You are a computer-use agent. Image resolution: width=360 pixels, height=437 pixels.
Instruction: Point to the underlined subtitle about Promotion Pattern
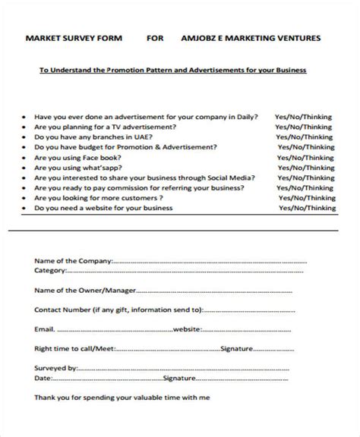point(173,70)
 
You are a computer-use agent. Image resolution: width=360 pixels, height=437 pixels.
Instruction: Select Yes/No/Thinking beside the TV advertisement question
point(306,128)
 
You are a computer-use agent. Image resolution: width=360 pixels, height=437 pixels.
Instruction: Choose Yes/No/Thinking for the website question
point(307,207)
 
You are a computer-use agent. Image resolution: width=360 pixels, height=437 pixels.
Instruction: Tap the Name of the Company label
point(73,260)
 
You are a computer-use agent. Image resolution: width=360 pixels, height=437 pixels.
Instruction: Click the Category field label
point(52,269)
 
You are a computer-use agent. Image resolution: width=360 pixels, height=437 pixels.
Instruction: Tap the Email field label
point(44,330)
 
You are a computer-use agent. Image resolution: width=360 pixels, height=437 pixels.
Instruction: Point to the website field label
point(187,330)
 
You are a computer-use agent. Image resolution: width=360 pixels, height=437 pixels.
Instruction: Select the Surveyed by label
point(56,369)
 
